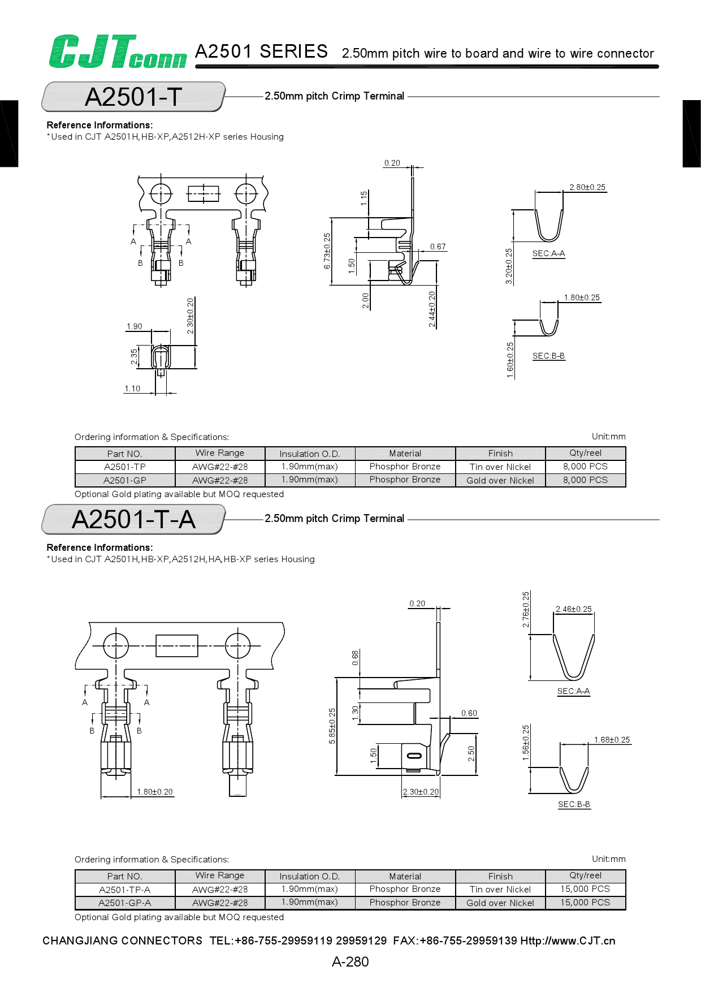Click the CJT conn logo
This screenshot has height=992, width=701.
[x=118, y=52]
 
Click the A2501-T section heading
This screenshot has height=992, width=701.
[x=133, y=97]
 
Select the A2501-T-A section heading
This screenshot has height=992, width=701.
[x=133, y=519]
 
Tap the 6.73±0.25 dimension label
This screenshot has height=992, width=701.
[x=327, y=251]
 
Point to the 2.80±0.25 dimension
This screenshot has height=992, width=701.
[x=587, y=187]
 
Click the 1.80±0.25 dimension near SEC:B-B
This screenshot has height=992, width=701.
[x=582, y=297]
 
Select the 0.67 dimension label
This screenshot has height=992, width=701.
[x=438, y=247]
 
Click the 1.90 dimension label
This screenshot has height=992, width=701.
[x=135, y=326]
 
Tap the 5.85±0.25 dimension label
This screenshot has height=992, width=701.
[x=332, y=726]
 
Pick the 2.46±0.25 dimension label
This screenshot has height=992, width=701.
[x=573, y=609]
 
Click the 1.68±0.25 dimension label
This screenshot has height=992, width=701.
[x=612, y=740]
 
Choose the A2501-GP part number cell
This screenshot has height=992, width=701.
[x=125, y=480]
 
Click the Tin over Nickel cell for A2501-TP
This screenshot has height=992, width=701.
[x=500, y=467]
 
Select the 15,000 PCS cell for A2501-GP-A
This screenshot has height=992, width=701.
[x=585, y=903]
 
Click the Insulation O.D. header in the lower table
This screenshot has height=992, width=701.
[x=310, y=876]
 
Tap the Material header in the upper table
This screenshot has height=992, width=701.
[x=405, y=454]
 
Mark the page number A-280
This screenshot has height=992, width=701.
[x=350, y=961]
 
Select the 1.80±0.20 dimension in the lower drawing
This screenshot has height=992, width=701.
[x=154, y=792]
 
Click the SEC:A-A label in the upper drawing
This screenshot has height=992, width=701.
[x=548, y=253]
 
